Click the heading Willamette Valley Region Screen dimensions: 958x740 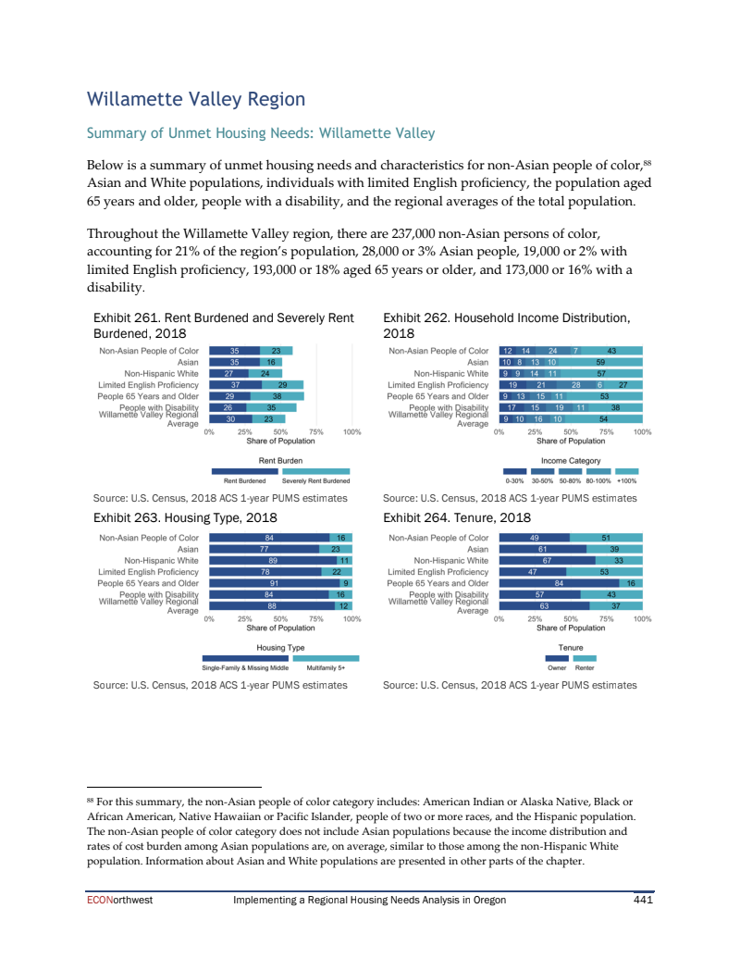(x=195, y=99)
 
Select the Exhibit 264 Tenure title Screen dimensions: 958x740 (x=457, y=517)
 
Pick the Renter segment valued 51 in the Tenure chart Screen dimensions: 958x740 (x=605, y=537)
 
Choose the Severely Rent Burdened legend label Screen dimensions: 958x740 (x=315, y=481)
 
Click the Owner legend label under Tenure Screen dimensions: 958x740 (x=557, y=667)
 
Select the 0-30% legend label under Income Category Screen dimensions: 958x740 (x=514, y=481)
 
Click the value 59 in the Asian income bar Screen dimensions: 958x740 (x=599, y=362)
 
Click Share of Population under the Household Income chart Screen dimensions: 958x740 (x=571, y=442)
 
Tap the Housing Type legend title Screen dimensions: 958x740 (x=280, y=647)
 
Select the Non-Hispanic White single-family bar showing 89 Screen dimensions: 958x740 (x=271, y=560)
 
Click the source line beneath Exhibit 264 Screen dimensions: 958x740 (x=510, y=685)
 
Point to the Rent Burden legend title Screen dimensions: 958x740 (x=280, y=460)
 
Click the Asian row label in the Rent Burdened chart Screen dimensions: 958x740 (x=188, y=362)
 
